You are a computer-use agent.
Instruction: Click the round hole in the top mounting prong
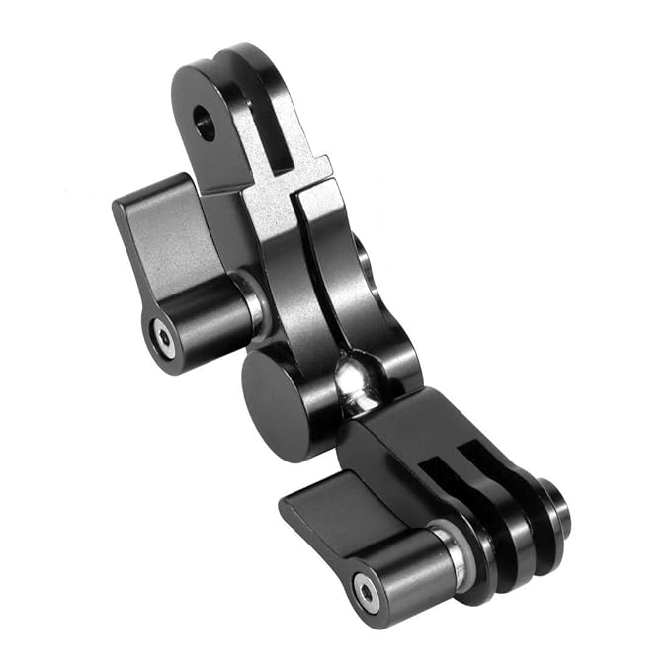pos(205,123)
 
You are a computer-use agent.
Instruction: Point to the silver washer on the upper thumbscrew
pos(254,301)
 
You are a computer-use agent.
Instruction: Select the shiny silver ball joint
pos(356,380)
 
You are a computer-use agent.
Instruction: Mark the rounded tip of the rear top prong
pos(243,59)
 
